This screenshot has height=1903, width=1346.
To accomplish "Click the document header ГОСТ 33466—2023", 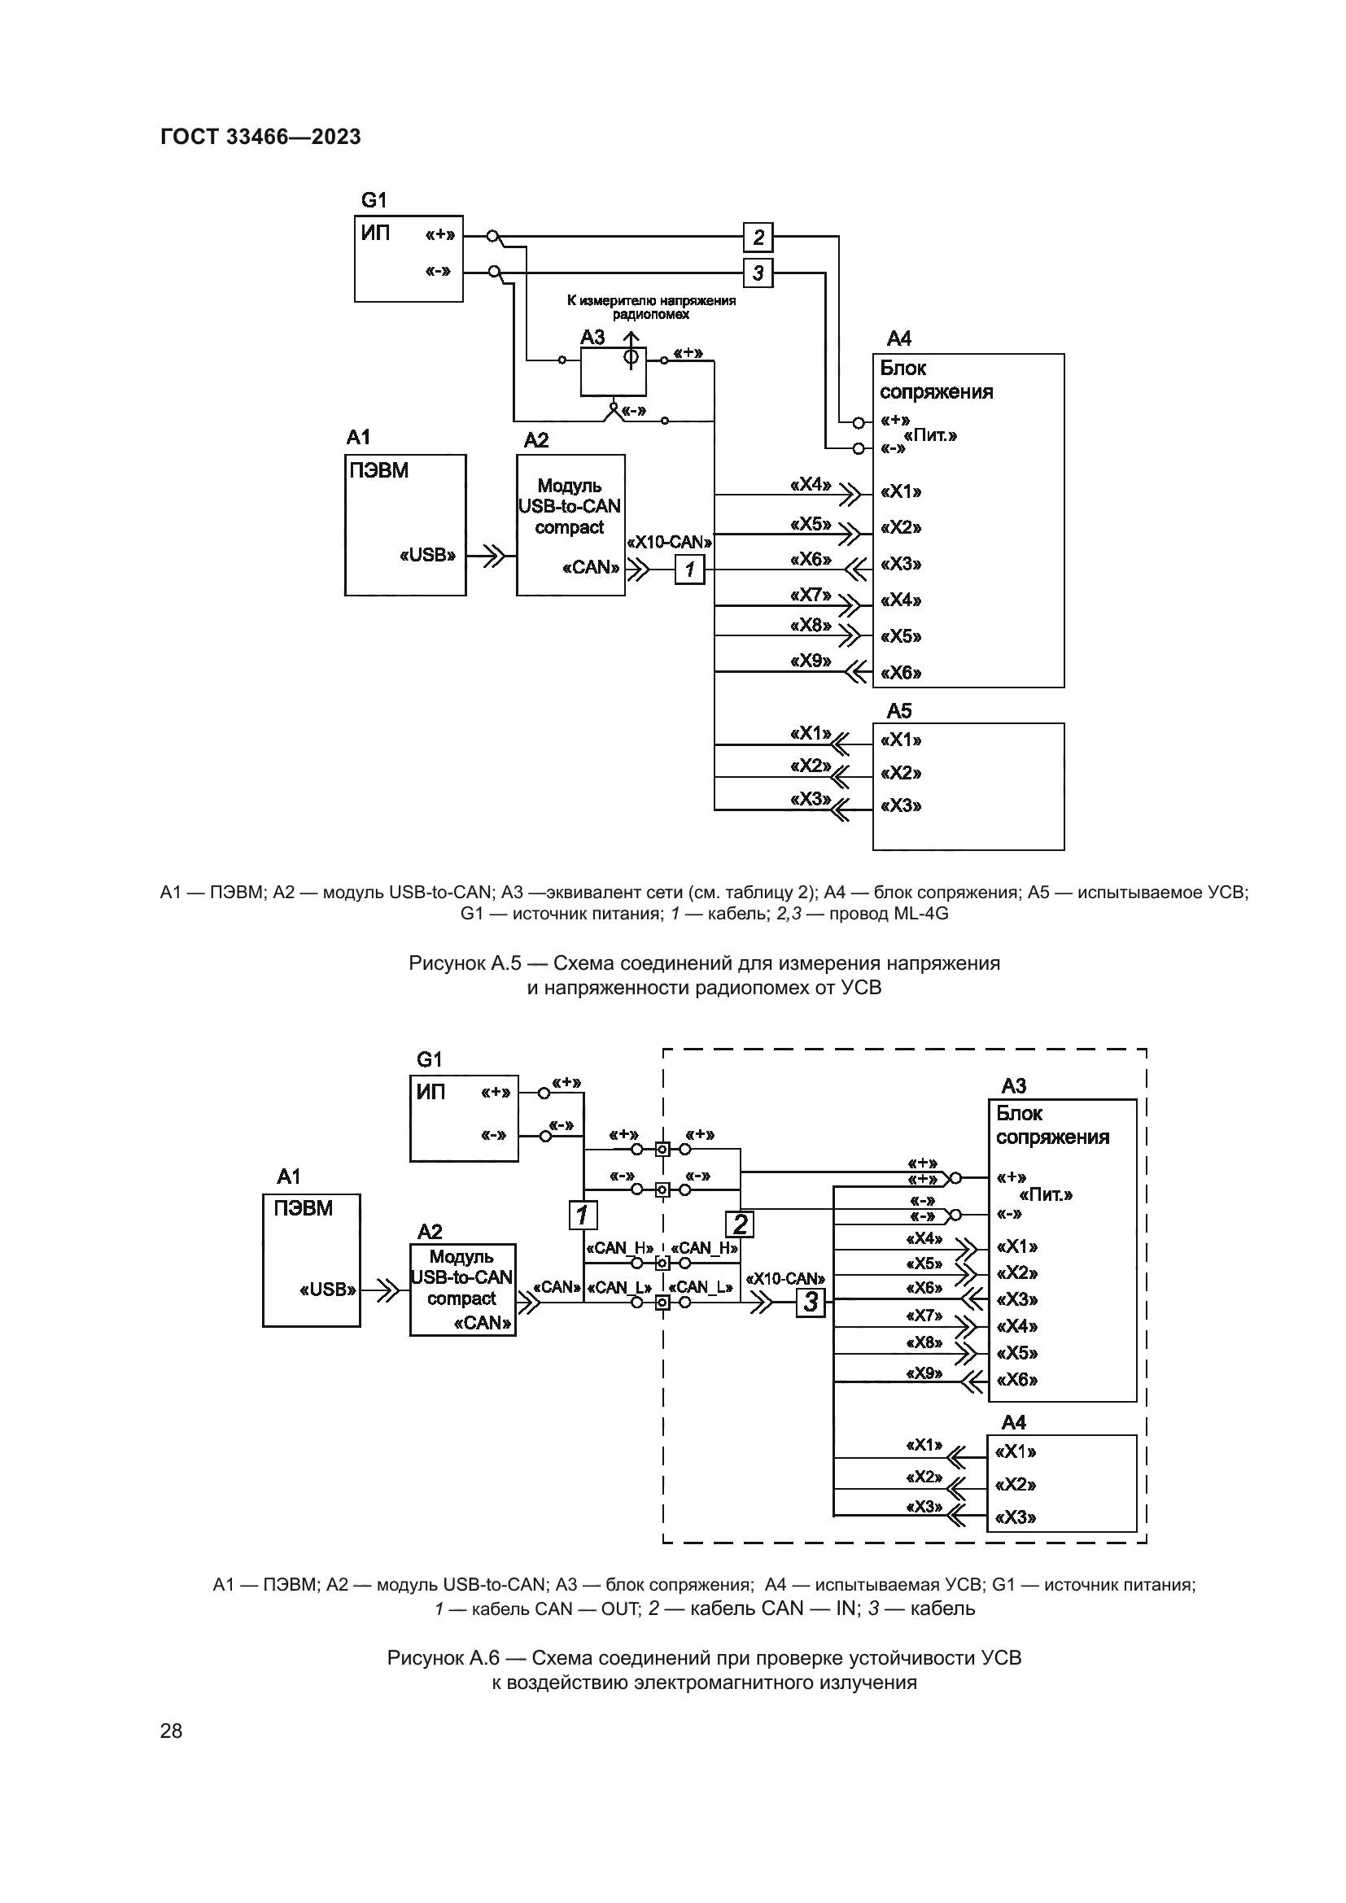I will click(260, 137).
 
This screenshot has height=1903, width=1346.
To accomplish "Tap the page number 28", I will click(172, 1731).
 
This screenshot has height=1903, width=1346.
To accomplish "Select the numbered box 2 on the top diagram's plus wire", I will click(758, 238).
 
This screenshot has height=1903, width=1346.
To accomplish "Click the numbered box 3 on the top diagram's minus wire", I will click(758, 273).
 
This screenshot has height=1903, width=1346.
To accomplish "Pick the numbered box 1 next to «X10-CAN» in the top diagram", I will click(689, 570).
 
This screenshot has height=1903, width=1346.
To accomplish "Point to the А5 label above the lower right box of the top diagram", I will click(899, 711).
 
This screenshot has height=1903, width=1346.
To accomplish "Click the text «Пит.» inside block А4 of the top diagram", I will click(930, 436).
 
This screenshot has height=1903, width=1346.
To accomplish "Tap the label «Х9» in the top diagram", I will click(811, 661).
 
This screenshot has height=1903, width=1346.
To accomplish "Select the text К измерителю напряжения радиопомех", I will click(652, 308).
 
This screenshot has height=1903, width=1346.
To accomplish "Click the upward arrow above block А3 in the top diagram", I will click(631, 341).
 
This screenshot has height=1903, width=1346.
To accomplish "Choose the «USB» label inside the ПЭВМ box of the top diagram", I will click(428, 556).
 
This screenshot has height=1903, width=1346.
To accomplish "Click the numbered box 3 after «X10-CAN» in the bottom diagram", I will click(811, 1302).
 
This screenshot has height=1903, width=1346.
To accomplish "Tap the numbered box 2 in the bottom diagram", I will click(739, 1224).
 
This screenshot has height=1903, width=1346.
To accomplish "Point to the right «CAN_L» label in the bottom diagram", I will click(701, 1287).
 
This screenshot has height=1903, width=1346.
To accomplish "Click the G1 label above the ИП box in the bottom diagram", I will click(430, 1059).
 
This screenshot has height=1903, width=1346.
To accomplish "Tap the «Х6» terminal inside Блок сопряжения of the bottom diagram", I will click(1016, 1380).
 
